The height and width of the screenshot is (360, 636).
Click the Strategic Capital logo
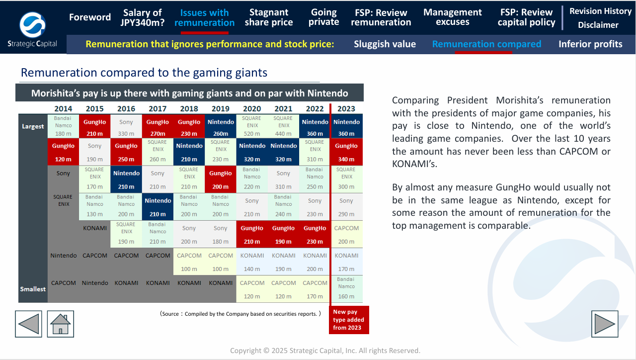click(x=33, y=27)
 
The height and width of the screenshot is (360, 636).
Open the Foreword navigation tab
click(x=90, y=17)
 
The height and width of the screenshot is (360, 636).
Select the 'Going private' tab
click(x=323, y=17)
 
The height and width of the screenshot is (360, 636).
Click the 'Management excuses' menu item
click(x=452, y=17)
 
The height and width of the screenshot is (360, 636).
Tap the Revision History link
click(x=600, y=11)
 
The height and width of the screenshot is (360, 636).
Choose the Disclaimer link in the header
click(x=598, y=25)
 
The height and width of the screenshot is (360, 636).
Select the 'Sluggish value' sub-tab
click(x=385, y=44)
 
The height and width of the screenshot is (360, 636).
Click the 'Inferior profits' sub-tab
click(x=590, y=44)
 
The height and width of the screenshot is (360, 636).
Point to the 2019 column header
click(x=221, y=109)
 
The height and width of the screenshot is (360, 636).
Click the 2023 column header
click(x=346, y=109)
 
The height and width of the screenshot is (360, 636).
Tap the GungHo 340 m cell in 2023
click(x=346, y=152)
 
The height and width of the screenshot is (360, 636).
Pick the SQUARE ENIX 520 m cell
click(x=252, y=126)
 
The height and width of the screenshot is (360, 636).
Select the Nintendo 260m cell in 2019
click(x=221, y=127)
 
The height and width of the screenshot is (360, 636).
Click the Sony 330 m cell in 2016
click(x=126, y=127)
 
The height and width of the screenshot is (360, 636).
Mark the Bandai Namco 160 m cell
click(x=346, y=289)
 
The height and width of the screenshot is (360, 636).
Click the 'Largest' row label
click(x=33, y=126)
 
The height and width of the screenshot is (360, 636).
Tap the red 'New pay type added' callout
click(x=349, y=320)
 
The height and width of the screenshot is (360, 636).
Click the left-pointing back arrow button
click(x=28, y=324)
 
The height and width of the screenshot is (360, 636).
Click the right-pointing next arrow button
click(x=605, y=324)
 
